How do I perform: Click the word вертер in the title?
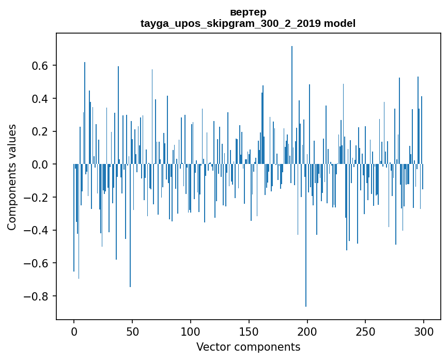pos(248,12)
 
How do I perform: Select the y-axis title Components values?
pos(12,177)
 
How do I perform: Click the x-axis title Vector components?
pos(248,347)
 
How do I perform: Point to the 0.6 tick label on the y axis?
pos(41,66)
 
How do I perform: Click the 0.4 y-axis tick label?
pos(41,99)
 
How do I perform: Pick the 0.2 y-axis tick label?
pos(41,131)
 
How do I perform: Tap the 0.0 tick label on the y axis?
pos(41,164)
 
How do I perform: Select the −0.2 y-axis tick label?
pos(38,198)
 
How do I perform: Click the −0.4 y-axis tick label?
pos(38,231)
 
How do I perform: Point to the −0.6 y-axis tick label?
pos(38,263)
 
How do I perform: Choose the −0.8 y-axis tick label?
pos(38,296)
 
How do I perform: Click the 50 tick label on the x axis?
pos(132,332)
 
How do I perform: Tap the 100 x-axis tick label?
pos(191,332)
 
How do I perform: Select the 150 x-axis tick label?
pos(249,332)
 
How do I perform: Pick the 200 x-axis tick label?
pos(307,332)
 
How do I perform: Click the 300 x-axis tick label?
pos(424,332)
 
